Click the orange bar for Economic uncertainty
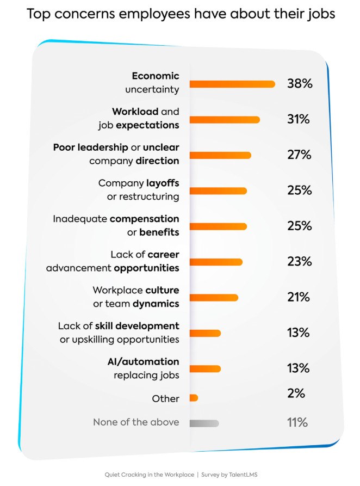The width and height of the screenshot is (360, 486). (232, 84)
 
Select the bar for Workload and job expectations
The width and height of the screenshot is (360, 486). (225, 120)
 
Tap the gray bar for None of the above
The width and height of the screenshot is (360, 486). (204, 423)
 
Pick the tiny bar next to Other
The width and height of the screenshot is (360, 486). (194, 398)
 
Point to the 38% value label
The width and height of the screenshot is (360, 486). (300, 84)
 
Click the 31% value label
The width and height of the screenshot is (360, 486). (299, 119)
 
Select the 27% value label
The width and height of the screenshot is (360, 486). (299, 155)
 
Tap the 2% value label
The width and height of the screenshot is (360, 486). (296, 393)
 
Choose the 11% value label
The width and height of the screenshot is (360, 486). (297, 422)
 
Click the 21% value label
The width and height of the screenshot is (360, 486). (299, 297)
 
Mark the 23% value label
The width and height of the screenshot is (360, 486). (299, 261)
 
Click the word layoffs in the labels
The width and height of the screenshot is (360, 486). (162, 183)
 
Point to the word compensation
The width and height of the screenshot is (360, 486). (144, 219)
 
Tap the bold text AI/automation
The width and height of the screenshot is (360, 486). (143, 361)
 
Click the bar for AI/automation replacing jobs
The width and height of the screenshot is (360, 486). (205, 368)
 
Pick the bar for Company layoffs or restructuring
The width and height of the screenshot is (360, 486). (218, 190)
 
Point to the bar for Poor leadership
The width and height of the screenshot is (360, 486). (220, 155)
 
